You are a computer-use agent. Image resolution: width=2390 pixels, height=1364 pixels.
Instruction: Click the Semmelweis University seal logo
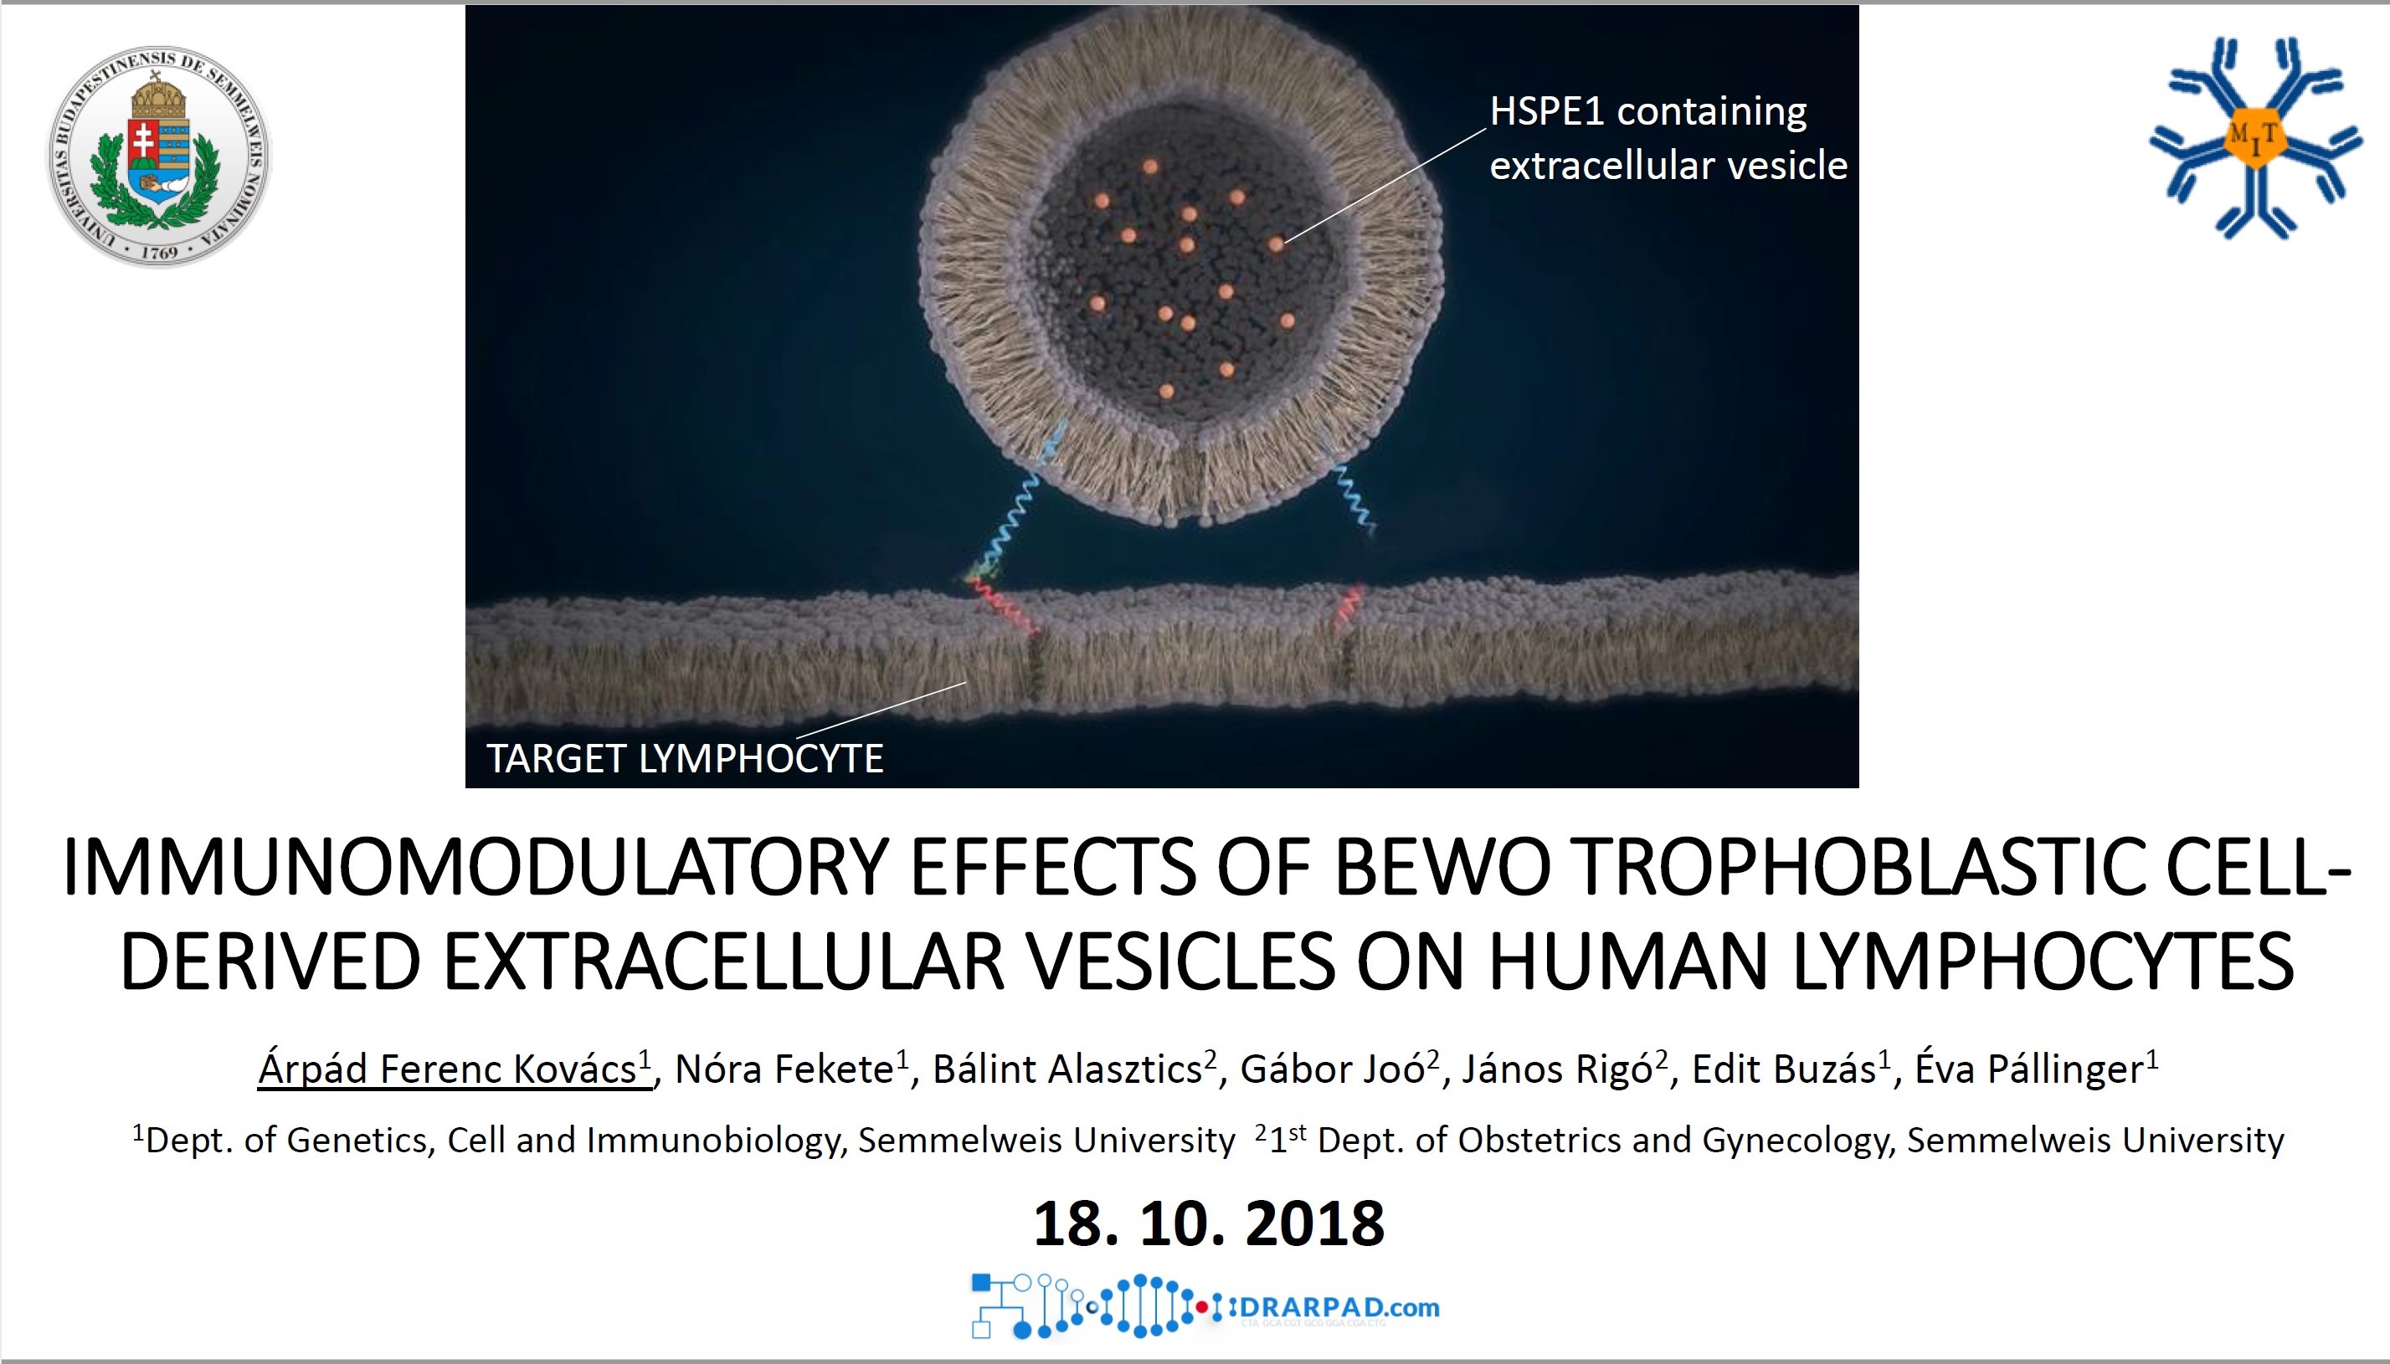[158, 156]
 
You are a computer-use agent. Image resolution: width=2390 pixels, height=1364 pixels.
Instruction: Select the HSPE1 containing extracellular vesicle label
[1668, 138]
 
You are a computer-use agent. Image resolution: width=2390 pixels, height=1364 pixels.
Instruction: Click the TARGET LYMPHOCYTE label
[685, 758]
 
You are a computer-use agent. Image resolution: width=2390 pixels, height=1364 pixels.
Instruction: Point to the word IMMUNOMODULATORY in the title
[474, 867]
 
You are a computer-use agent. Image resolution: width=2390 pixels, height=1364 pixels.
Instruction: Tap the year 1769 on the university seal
[159, 252]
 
